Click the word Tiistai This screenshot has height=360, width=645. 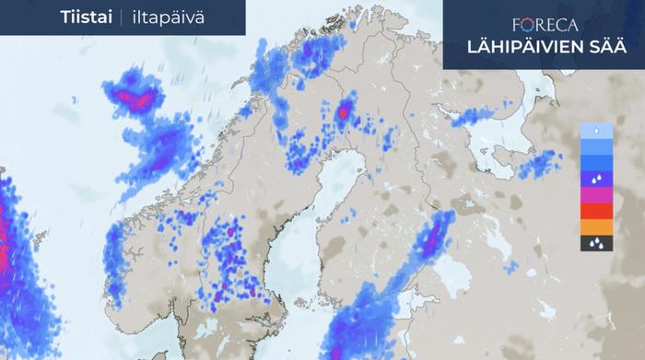(86, 17)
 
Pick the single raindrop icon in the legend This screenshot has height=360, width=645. (595, 131)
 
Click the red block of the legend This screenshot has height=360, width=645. (595, 211)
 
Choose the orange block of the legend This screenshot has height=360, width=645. (595, 227)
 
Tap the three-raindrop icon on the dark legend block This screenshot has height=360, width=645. (595, 244)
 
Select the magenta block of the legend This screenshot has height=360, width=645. (595, 194)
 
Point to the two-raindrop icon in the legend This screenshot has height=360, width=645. (595, 178)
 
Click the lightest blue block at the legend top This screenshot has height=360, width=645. (595, 131)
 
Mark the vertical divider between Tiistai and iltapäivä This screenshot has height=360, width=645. (122, 17)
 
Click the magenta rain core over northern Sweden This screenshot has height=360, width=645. (345, 111)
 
